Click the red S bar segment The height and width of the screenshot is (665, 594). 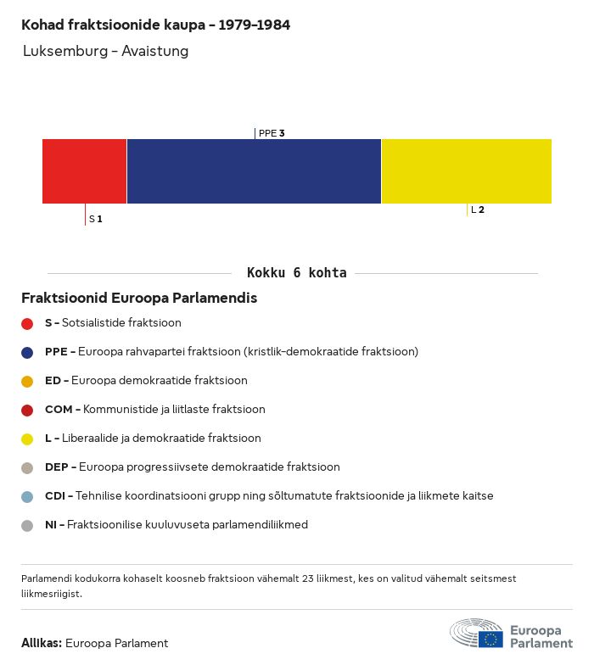click(84, 171)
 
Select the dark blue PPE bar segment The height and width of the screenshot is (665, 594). click(254, 171)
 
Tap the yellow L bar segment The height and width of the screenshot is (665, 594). click(466, 171)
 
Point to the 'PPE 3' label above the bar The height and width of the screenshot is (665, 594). click(272, 133)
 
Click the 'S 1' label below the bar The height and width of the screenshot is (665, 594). click(96, 219)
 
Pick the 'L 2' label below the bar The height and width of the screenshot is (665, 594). click(478, 210)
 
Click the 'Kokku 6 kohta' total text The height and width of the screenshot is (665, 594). click(296, 273)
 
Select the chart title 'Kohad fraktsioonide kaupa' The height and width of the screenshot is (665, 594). click(155, 25)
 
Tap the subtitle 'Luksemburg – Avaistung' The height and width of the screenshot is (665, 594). click(106, 51)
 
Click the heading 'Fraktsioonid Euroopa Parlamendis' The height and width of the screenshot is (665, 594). click(139, 299)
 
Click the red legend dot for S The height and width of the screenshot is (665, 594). click(27, 323)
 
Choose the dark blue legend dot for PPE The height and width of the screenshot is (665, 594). click(27, 352)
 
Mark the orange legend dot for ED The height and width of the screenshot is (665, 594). click(27, 381)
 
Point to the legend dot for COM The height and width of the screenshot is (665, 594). click(27, 410)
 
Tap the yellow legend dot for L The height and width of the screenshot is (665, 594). click(27, 439)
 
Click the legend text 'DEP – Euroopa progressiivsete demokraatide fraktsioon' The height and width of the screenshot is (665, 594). click(192, 467)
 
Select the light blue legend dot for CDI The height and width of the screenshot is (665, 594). click(27, 496)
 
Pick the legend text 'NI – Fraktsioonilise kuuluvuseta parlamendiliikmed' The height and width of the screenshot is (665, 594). click(177, 525)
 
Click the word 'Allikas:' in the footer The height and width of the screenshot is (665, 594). click(42, 643)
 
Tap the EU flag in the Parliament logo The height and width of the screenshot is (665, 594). click(490, 639)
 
